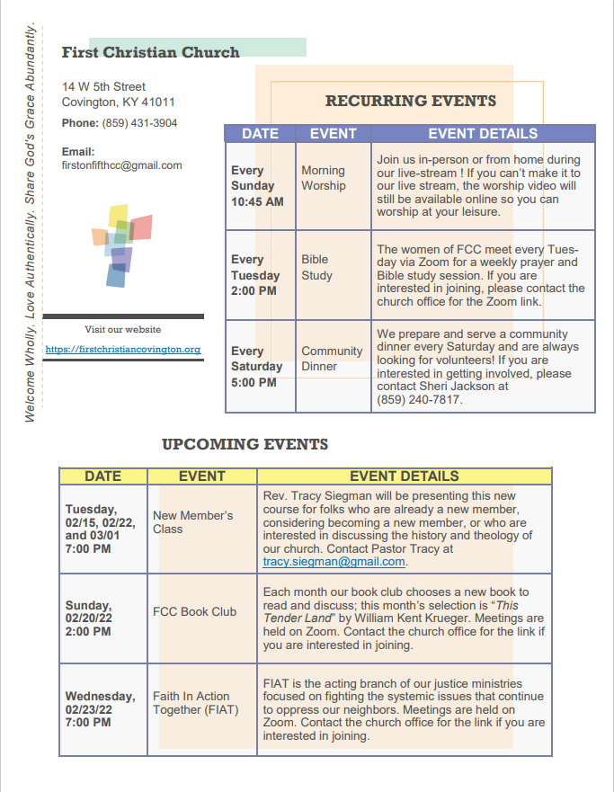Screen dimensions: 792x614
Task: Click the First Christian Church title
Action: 150,52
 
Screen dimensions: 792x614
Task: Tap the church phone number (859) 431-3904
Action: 139,123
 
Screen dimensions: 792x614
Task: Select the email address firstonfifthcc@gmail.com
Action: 121,165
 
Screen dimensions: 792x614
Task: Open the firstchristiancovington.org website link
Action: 122,349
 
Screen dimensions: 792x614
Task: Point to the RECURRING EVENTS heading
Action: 410,102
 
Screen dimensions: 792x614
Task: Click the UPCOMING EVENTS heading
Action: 245,444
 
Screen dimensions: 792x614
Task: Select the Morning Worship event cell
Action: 323,178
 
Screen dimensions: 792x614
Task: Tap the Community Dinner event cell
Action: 332,359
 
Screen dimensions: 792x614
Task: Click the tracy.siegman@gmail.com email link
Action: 334,562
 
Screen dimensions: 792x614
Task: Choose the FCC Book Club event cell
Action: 194,612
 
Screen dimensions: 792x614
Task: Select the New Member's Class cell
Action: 192,522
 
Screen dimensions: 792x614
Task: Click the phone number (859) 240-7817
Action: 420,400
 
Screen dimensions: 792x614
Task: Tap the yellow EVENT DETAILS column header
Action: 404,476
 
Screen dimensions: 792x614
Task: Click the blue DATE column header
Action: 261,134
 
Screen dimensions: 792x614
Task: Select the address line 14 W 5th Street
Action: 103,86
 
